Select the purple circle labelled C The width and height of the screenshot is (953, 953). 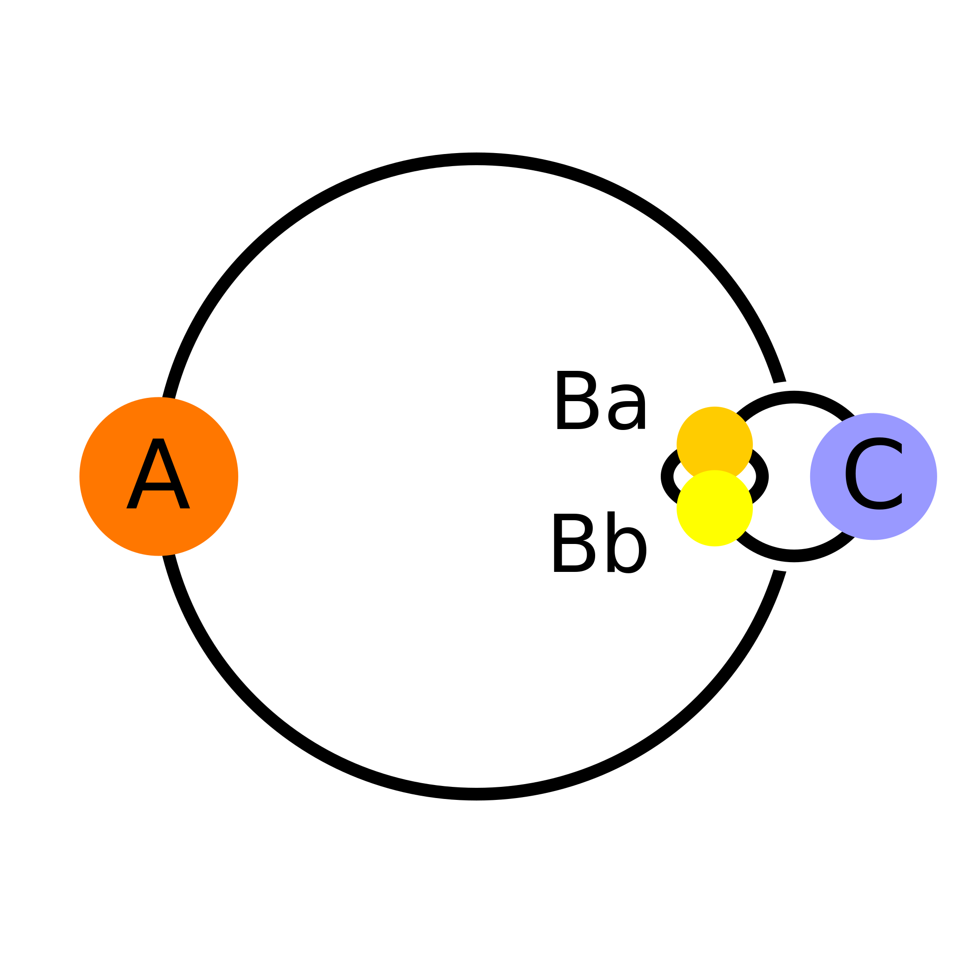tap(873, 476)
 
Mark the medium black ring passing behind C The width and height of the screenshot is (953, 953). tap(794, 556)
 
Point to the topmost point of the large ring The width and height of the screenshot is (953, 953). tap(476, 159)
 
